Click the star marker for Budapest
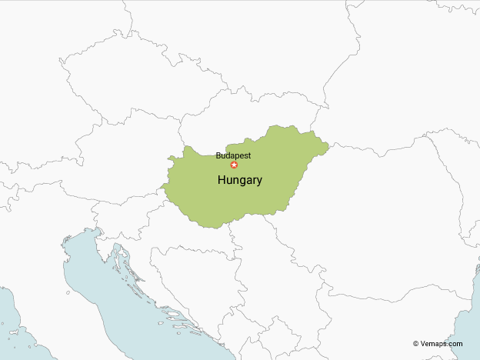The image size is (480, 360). point(235,165)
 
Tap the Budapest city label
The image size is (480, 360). point(233,155)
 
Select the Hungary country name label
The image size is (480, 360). point(240,181)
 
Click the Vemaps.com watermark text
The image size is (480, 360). point(442,344)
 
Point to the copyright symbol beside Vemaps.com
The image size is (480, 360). point(415,344)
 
